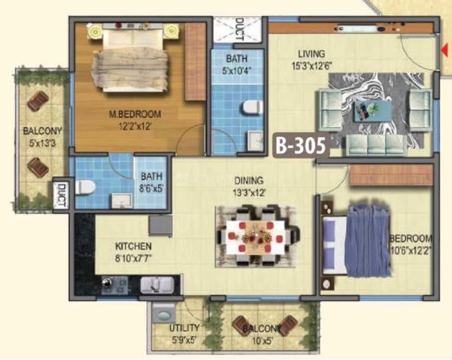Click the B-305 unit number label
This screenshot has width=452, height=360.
(x=301, y=146)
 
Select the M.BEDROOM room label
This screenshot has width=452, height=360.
(x=135, y=114)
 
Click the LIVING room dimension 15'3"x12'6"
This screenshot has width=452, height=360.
(x=312, y=67)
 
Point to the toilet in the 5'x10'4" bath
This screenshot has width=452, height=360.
(x=253, y=106)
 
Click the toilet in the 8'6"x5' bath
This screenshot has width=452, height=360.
(x=85, y=187)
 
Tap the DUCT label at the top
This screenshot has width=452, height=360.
(x=240, y=29)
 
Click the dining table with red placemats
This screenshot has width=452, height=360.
(x=254, y=237)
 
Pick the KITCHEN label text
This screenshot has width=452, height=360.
(x=133, y=247)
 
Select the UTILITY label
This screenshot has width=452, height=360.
(x=184, y=328)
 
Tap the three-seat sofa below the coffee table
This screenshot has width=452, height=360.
(x=376, y=143)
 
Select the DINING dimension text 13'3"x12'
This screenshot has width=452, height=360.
(x=249, y=193)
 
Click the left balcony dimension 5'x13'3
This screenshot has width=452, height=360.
(x=42, y=143)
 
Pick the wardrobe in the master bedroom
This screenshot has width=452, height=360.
(x=195, y=62)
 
